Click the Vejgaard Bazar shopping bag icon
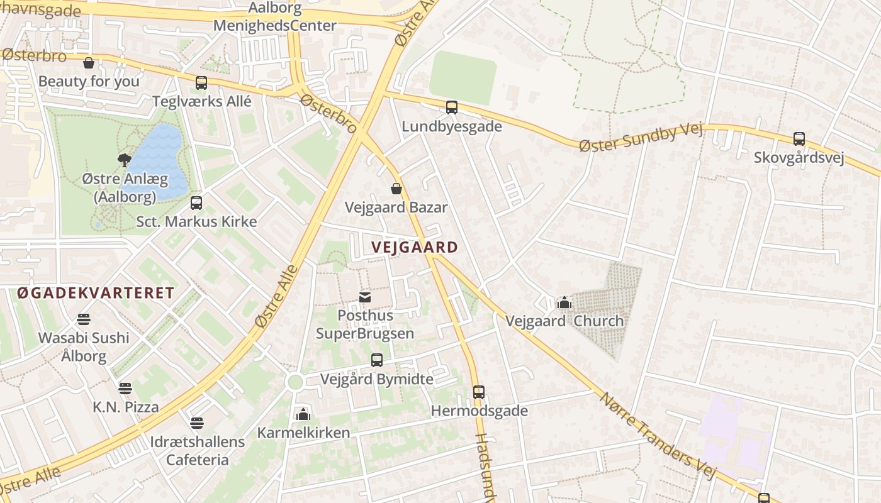point(396,189)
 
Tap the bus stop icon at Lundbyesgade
point(452,108)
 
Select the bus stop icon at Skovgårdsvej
point(799,139)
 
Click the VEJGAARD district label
point(414,247)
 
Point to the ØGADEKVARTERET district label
point(95,293)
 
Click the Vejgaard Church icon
point(564,303)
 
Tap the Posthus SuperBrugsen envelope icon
point(365,297)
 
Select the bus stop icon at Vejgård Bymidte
point(376,360)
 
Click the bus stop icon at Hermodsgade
point(479,392)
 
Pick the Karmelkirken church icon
point(303,414)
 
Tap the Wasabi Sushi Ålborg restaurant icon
point(84,319)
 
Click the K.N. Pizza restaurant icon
point(125,389)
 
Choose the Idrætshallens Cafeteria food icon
point(197,423)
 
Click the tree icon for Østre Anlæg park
point(125,160)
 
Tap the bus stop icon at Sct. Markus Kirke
point(196,203)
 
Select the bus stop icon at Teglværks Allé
point(201,82)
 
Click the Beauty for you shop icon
point(89,63)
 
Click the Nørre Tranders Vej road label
point(658,435)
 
